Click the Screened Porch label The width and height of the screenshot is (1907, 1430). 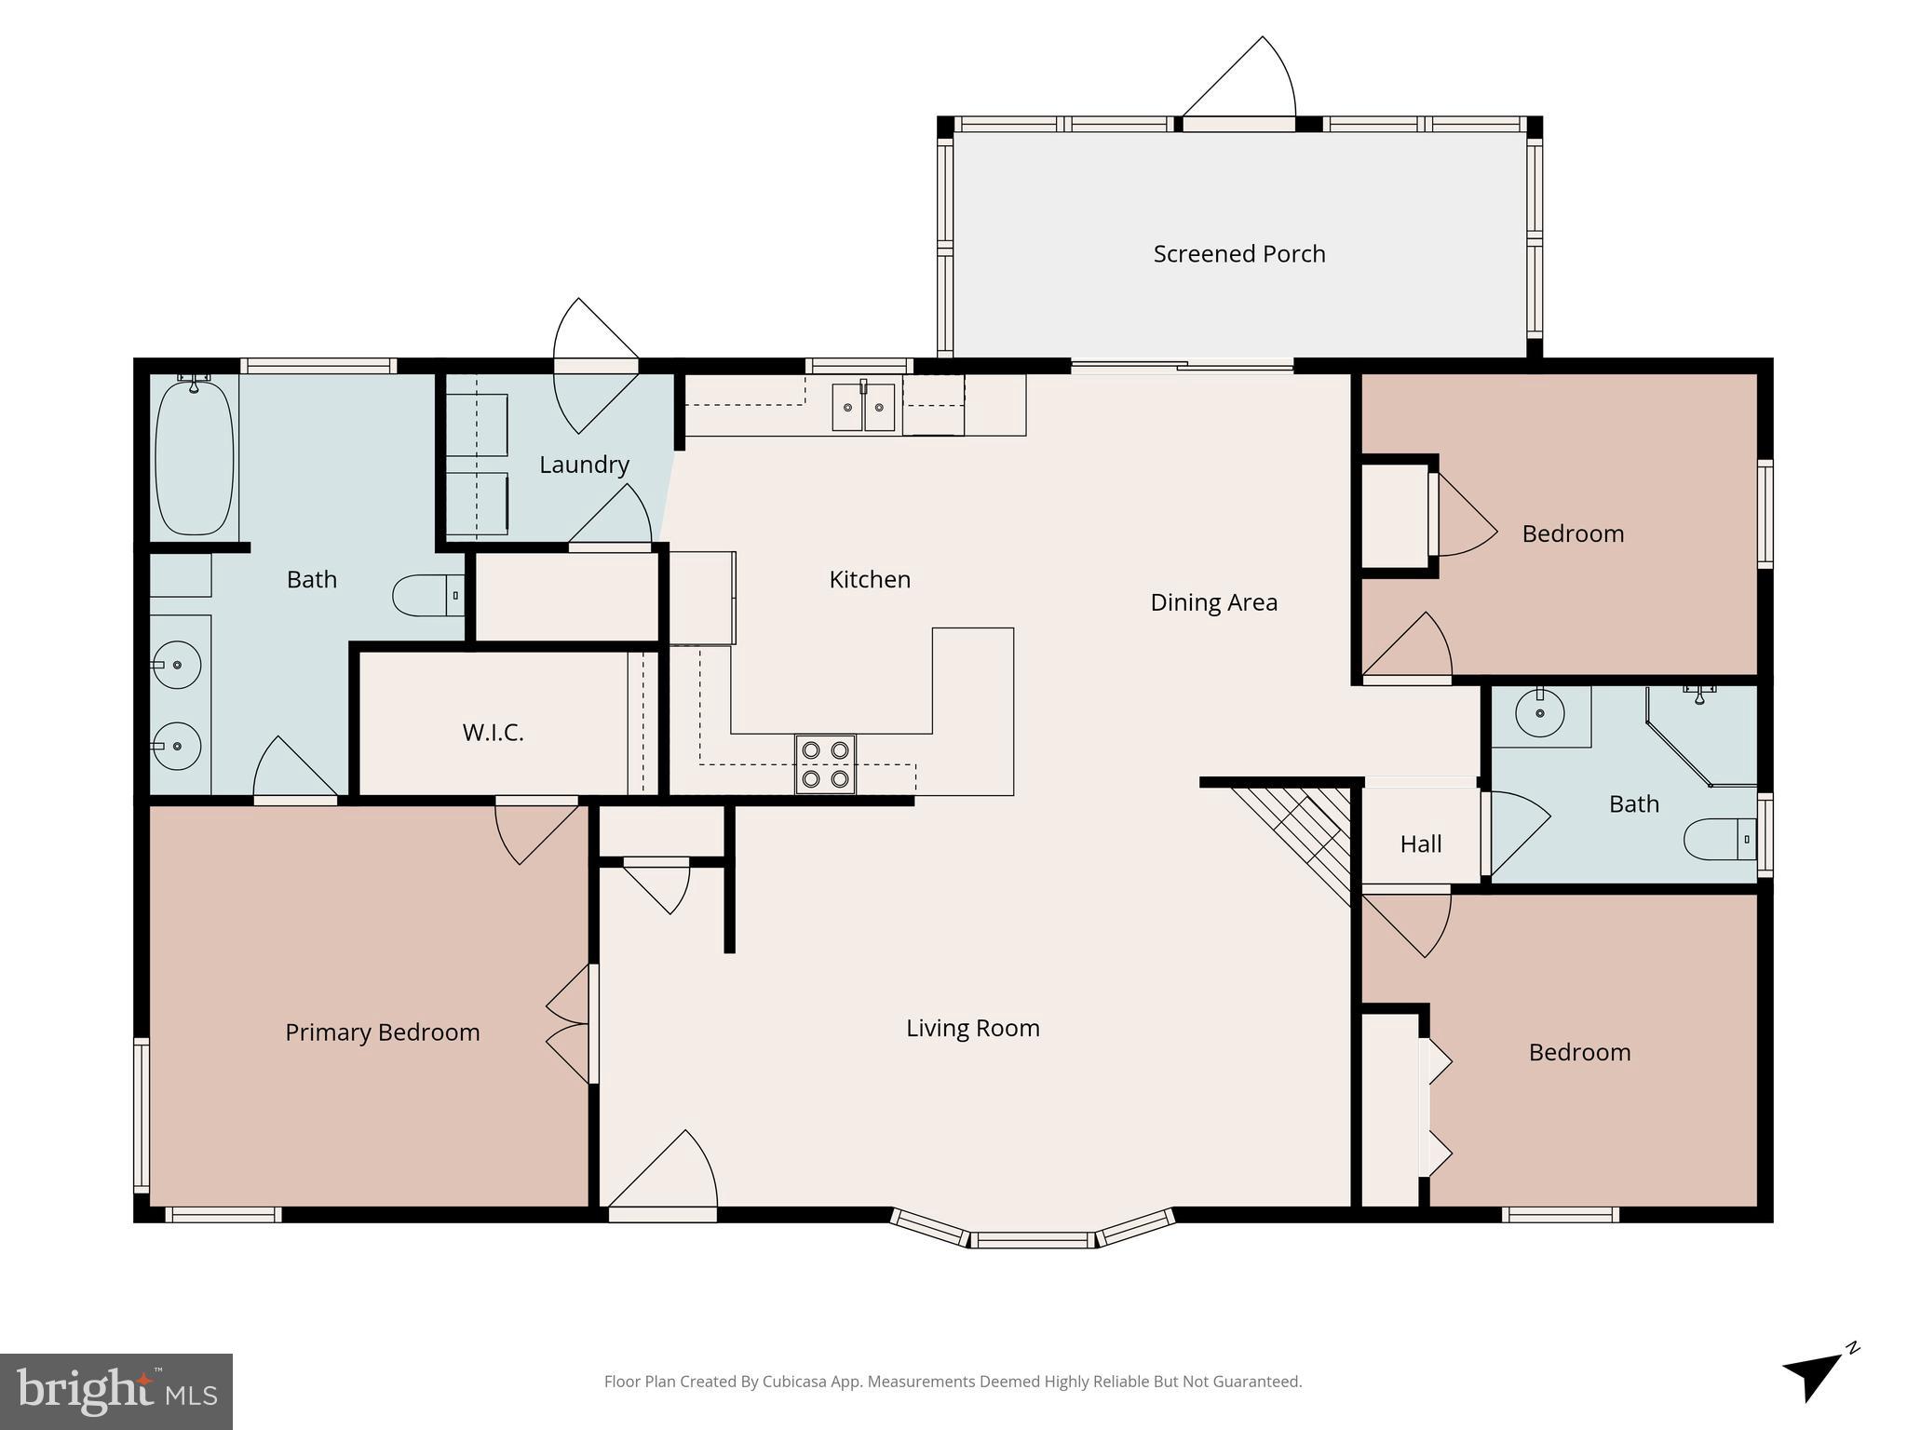pyautogui.click(x=1238, y=253)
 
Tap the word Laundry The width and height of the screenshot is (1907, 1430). pyautogui.click(x=584, y=465)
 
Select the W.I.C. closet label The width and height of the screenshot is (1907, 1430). pyautogui.click(x=493, y=733)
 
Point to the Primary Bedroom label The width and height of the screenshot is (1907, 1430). pyautogui.click(x=382, y=1032)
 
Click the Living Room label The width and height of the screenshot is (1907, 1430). pyautogui.click(x=972, y=1029)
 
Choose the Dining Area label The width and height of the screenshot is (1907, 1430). pyautogui.click(x=1213, y=602)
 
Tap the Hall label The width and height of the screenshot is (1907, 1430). pyautogui.click(x=1420, y=844)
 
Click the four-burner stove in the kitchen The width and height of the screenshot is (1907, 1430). pyautogui.click(x=825, y=764)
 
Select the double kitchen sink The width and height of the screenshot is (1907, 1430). pyautogui.click(x=863, y=407)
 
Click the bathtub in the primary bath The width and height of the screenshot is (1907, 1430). pyautogui.click(x=195, y=457)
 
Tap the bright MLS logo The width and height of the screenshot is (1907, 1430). pyautogui.click(x=116, y=1392)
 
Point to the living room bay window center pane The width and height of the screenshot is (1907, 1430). pyautogui.click(x=1033, y=1239)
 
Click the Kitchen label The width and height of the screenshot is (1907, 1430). pyautogui.click(x=870, y=580)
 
